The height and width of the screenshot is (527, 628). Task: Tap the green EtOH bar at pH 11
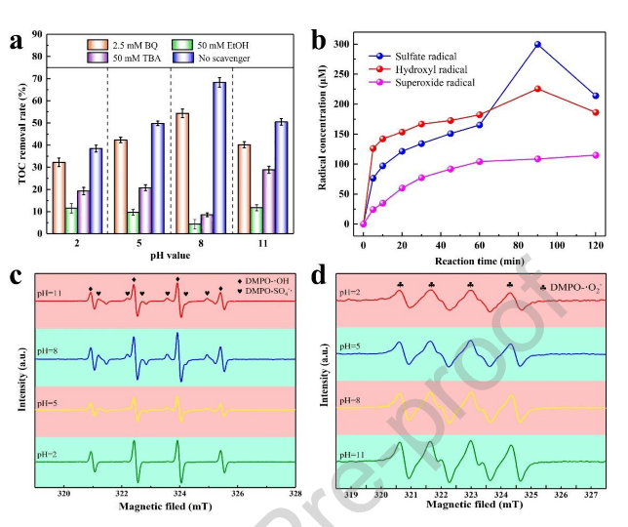click(256, 220)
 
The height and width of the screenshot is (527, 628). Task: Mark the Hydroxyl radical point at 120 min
click(595, 112)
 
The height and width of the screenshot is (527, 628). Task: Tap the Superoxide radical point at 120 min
click(595, 155)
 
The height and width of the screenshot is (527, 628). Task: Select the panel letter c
click(16, 276)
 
